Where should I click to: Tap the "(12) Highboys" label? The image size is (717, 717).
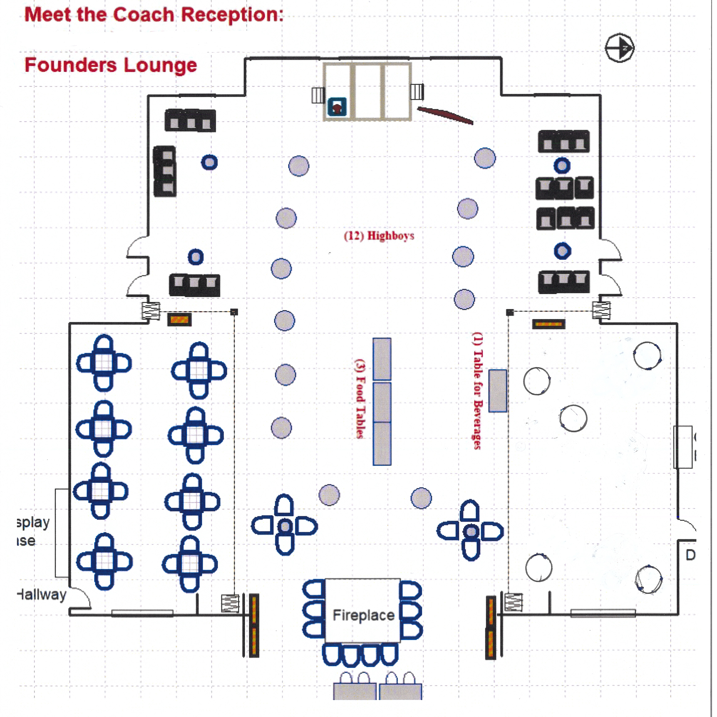pyautogui.click(x=379, y=236)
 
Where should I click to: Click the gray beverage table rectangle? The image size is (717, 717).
pyautogui.click(x=497, y=390)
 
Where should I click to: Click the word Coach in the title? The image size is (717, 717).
pyautogui.click(x=143, y=15)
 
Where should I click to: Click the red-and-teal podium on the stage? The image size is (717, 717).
pyautogui.click(x=337, y=107)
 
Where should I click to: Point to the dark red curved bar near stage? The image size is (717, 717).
pyautogui.click(x=445, y=115)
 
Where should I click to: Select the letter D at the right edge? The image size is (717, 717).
pyautogui.click(x=690, y=555)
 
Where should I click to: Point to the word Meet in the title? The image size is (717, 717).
pyautogui.click(x=48, y=15)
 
